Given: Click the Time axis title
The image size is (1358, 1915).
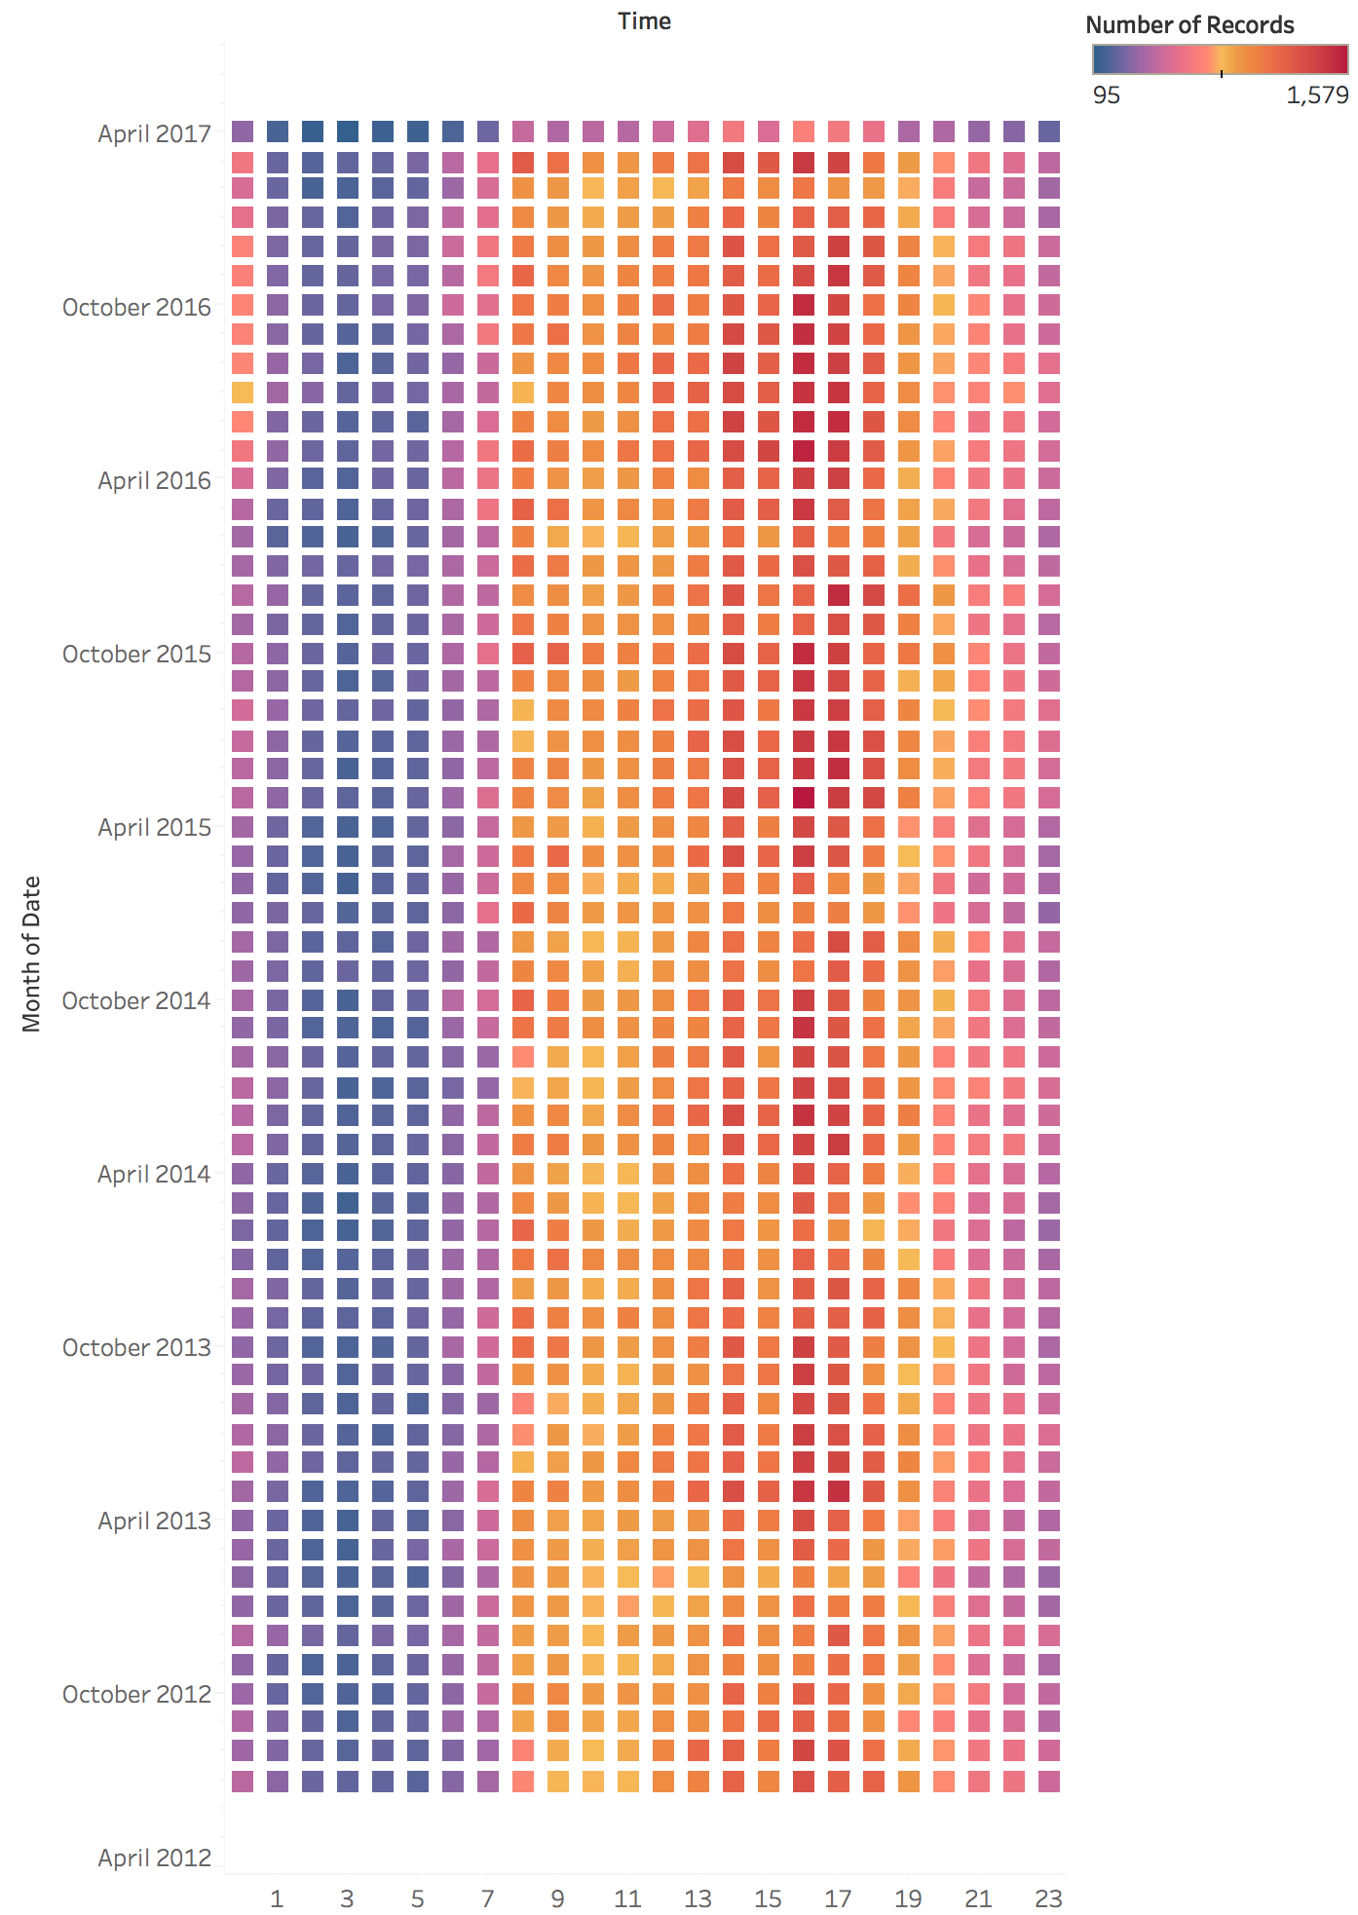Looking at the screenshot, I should point(644,21).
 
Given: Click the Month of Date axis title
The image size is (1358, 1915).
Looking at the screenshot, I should point(32,954).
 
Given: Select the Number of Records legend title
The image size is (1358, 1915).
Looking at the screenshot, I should point(1189,25).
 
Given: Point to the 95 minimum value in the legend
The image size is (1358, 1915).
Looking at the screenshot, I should point(1107,94).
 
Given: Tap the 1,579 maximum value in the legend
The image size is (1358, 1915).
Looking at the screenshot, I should point(1317,94).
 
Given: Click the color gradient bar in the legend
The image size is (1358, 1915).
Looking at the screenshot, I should point(1220,60).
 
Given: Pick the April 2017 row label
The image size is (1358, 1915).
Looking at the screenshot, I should point(154,133).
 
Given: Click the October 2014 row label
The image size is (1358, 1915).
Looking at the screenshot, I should point(136,1000).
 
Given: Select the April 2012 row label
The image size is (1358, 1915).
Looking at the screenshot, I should point(154,1858).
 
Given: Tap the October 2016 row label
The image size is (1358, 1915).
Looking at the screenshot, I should point(136,307).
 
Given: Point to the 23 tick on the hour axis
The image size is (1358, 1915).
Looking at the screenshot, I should point(1048,1897).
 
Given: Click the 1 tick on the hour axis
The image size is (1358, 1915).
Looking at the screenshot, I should point(277,1897).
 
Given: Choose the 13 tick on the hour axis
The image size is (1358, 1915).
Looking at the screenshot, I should point(698,1897).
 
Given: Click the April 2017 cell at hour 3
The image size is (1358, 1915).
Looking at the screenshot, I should point(347,131).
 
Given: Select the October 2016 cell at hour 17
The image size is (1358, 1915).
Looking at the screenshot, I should point(838,305).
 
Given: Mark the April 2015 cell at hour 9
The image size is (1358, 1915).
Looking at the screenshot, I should point(557,827).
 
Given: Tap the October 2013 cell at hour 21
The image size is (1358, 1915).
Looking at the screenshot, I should point(978,1347).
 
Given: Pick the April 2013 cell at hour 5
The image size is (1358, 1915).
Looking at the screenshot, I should point(417,1520).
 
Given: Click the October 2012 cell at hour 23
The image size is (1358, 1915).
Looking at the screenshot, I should point(1048,1693).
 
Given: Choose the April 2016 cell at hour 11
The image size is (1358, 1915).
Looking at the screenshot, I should point(627,478).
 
